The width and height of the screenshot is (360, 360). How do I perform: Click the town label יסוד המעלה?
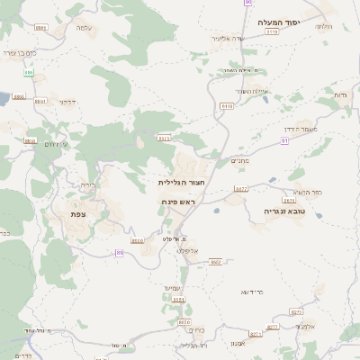click(x=281, y=22)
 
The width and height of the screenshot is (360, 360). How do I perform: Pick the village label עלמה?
click(x=84, y=28)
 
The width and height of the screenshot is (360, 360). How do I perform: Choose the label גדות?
click(x=340, y=94)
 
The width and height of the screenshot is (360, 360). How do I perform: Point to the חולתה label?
click(x=325, y=26)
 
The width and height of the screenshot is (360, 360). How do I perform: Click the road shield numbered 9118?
click(x=227, y=105)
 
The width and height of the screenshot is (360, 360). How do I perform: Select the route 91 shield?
click(x=284, y=153)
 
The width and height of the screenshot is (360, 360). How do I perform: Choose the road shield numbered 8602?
click(x=215, y=262)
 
